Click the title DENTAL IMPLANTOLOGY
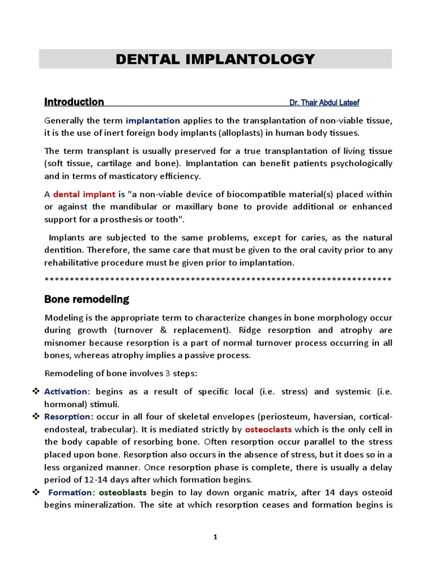pos(215,59)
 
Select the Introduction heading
pos(74,102)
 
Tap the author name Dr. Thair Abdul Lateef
pos(324,103)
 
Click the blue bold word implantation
pos(153,120)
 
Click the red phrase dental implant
pos(84,194)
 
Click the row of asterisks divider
pos(218,279)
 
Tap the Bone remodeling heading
pos(86,299)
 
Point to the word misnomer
pos(65,343)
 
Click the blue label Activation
pos(66,391)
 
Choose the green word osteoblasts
pos(123,492)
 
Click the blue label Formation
pos(71,492)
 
